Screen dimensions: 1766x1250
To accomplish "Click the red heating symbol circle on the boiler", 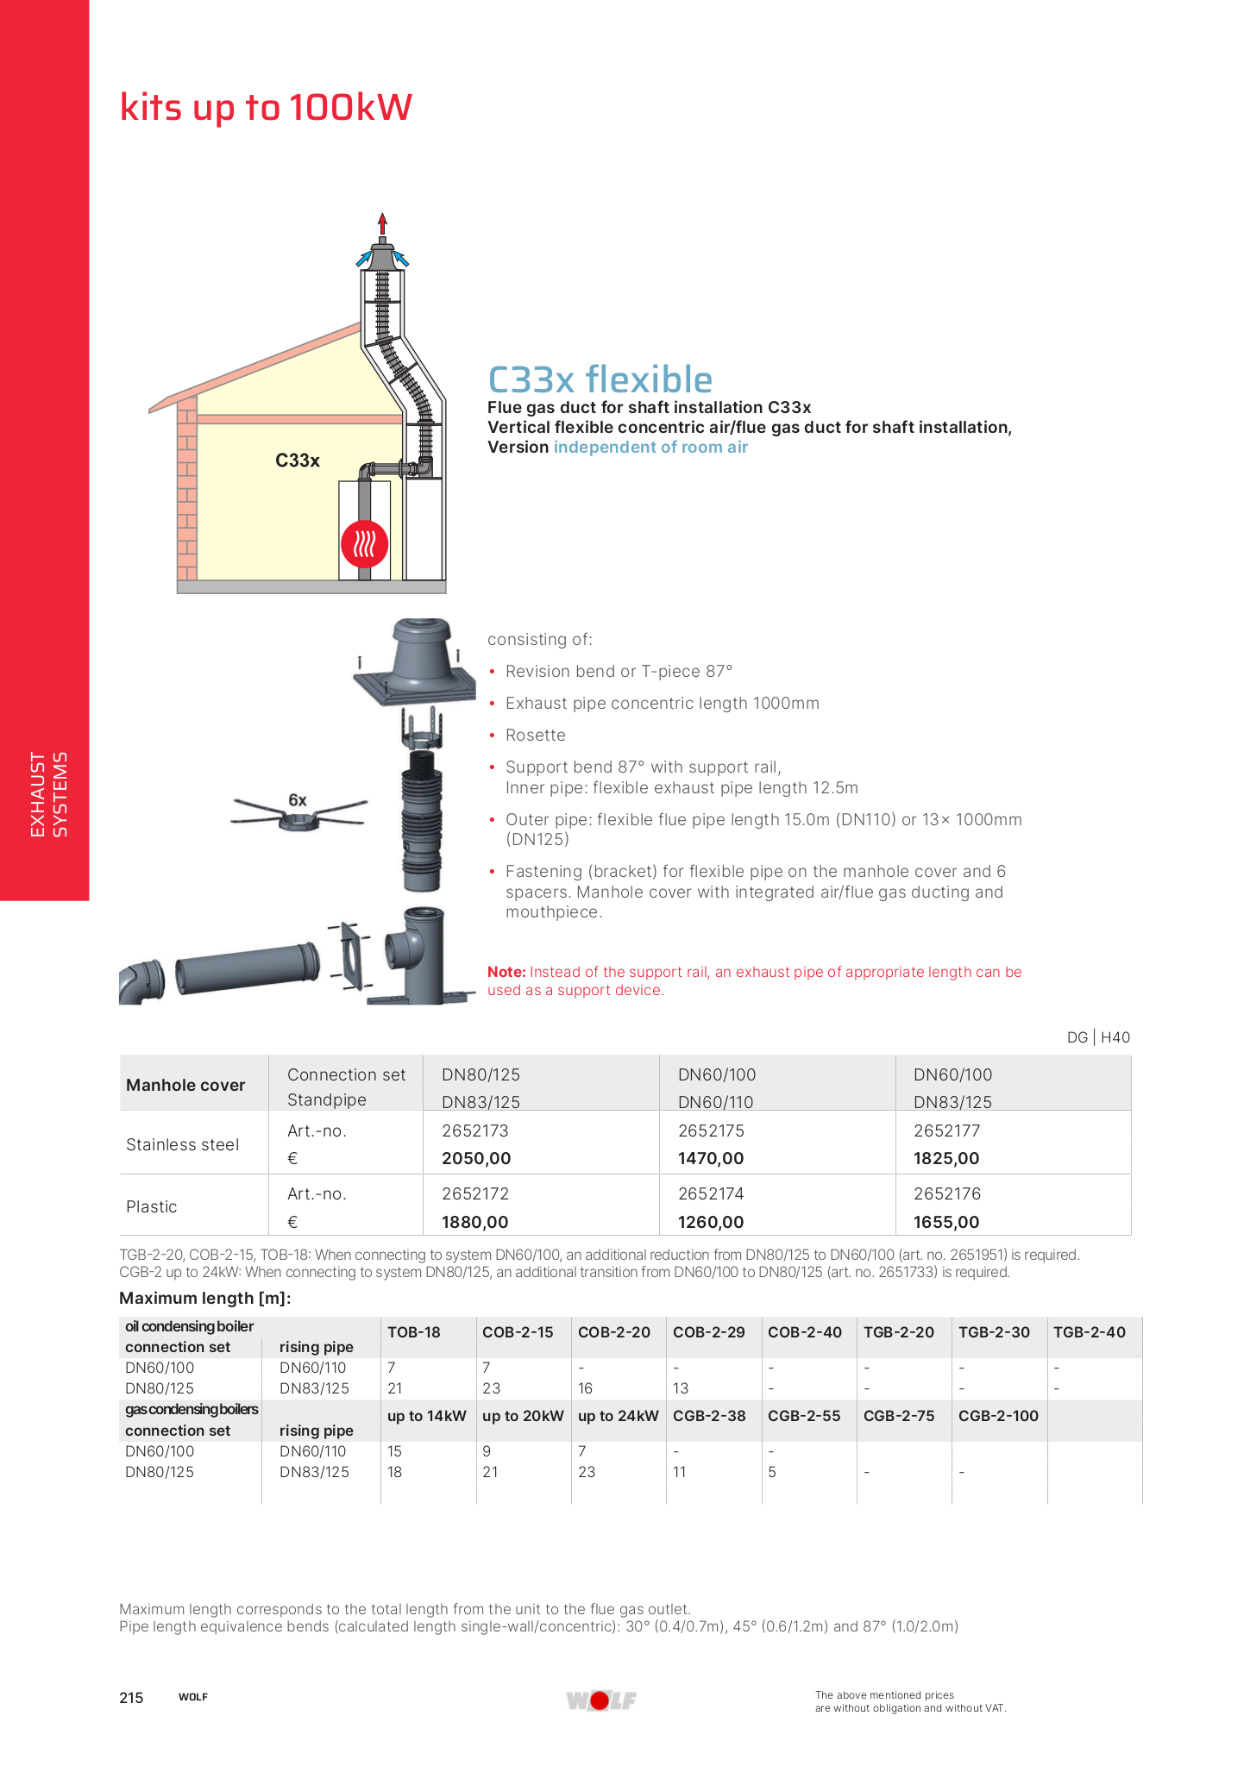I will click(x=364, y=544).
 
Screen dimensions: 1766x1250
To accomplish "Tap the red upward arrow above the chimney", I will click(x=382, y=223).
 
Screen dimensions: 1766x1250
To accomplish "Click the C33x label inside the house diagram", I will click(x=298, y=460).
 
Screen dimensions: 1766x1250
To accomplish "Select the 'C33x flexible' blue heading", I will click(x=600, y=379).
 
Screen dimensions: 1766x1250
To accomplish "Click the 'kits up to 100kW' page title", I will click(x=266, y=108).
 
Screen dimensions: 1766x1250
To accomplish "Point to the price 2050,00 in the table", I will click(x=476, y=1158).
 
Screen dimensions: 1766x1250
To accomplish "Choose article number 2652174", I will click(x=711, y=1193).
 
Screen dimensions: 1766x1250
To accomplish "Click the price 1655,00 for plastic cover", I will click(x=946, y=1222).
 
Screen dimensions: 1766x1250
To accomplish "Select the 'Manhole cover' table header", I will click(x=185, y=1085).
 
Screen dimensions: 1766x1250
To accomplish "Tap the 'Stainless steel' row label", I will click(x=182, y=1144).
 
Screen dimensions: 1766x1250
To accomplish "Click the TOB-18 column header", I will click(x=414, y=1331).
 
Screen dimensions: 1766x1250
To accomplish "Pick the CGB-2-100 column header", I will click(x=998, y=1415).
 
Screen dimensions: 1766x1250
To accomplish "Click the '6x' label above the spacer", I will click(x=298, y=800).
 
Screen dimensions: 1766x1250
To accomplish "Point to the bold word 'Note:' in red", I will click(x=506, y=972).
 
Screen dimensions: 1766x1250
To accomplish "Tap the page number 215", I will click(x=131, y=1698).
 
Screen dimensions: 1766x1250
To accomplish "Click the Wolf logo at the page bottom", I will click(x=600, y=1700).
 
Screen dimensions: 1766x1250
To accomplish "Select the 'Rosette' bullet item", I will click(x=535, y=735).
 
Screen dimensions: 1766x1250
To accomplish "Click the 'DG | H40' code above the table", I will click(x=1098, y=1037).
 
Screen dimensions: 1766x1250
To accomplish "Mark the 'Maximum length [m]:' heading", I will click(x=204, y=1298).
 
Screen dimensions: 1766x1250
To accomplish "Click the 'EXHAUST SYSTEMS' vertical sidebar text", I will click(x=48, y=794).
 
